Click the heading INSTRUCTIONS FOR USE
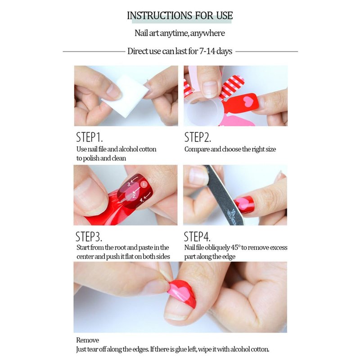[x=180, y=16]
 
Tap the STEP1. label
[x=89, y=137]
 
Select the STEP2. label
[x=198, y=137]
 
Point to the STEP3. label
[x=89, y=237]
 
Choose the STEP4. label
[x=197, y=237]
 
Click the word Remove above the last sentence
[x=87, y=340]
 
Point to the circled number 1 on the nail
[x=144, y=184]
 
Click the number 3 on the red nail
[x=129, y=184]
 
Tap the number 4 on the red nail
[x=142, y=200]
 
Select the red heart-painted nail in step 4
[x=244, y=204]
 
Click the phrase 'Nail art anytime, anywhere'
[x=180, y=33]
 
